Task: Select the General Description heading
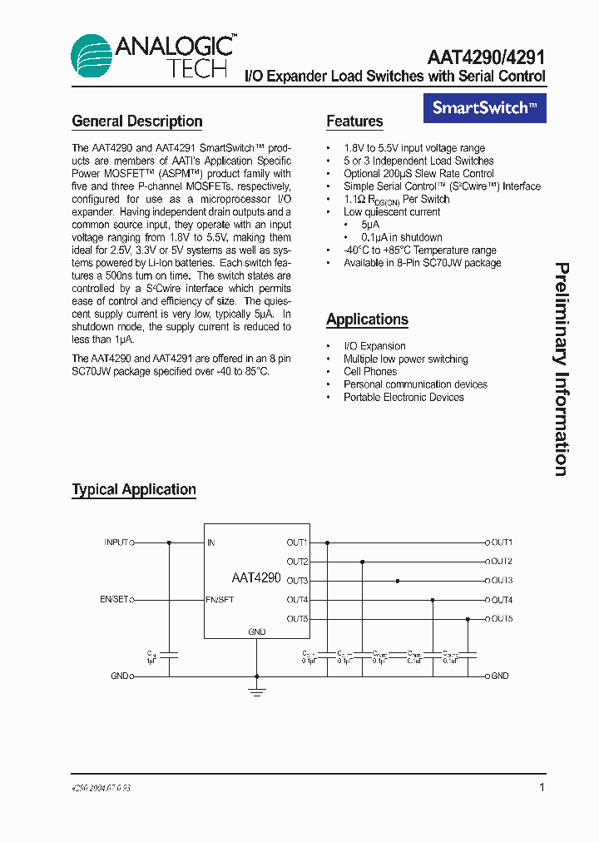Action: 137,121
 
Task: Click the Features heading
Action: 354,121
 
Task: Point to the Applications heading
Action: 367,319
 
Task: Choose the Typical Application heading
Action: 134,490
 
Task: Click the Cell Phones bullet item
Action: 370,372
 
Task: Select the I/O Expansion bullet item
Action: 374,346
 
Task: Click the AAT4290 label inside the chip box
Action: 256,577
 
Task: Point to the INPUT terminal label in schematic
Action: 116,542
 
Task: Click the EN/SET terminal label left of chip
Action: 114,600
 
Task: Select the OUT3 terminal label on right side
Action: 502,581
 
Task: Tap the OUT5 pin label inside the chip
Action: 297,619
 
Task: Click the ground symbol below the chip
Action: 257,690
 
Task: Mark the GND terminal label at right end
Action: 499,676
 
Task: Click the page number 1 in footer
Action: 542,787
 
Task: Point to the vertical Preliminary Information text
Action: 562,369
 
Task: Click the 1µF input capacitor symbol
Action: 169,655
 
